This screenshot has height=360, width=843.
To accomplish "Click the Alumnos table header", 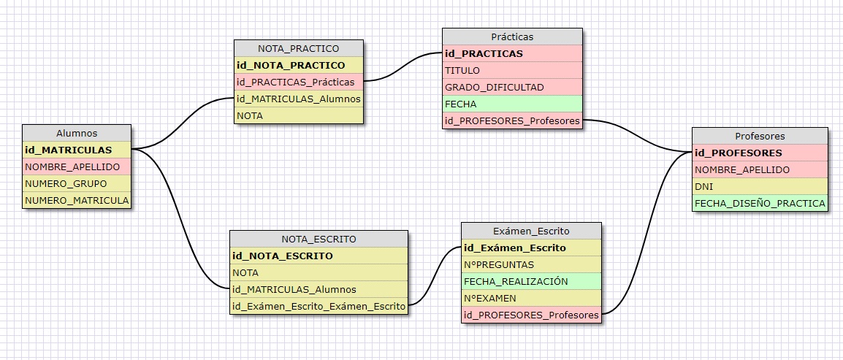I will tap(77, 133).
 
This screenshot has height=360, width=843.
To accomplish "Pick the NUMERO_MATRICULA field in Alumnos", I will tap(77, 200).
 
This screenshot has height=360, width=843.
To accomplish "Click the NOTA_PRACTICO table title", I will tap(298, 48).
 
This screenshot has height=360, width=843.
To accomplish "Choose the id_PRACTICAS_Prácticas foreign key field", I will tap(298, 82).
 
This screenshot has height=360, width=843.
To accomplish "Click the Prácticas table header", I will tap(512, 37).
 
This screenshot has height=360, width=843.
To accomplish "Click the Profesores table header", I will tap(760, 136).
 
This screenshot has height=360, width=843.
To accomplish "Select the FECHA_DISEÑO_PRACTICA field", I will tap(760, 203).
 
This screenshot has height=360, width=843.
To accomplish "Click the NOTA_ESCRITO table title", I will tap(318, 239).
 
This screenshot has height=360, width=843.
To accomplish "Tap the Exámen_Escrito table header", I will tap(531, 231).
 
